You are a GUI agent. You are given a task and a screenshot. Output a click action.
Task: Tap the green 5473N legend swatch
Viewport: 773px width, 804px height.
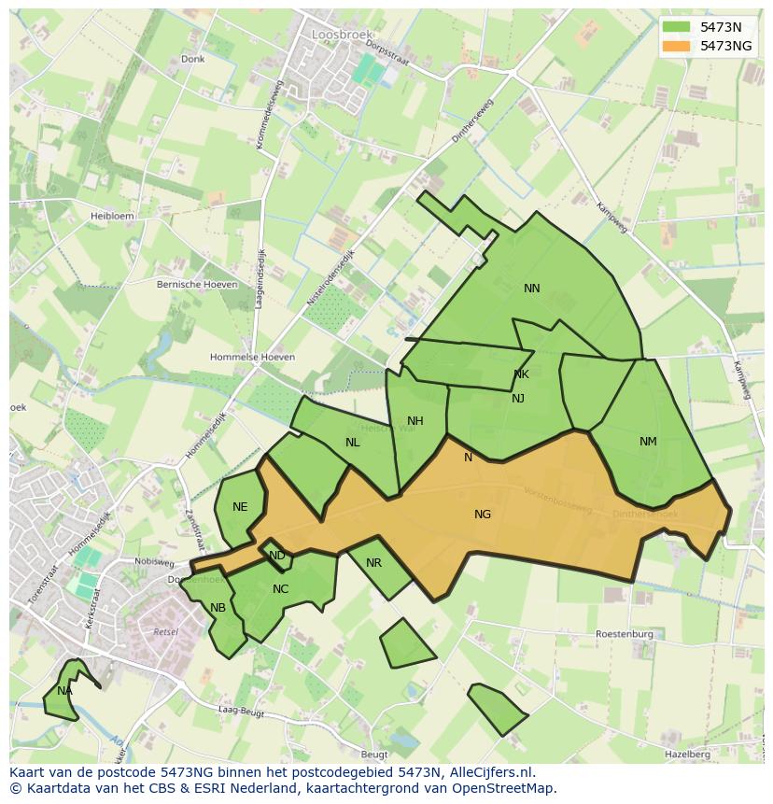tap(677, 27)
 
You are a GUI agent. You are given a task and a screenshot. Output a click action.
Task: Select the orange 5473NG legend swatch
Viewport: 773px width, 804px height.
tap(677, 46)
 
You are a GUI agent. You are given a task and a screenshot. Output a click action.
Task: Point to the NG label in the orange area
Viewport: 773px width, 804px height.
tap(483, 515)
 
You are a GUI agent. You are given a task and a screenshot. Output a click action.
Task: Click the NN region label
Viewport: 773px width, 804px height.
tap(532, 289)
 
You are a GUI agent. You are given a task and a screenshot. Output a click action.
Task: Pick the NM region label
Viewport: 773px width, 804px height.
tap(648, 442)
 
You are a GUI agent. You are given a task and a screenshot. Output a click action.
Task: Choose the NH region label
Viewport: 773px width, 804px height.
tap(415, 421)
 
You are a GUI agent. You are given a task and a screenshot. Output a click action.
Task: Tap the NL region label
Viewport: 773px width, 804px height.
tap(352, 443)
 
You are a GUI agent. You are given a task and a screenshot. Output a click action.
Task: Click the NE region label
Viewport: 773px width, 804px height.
tap(240, 507)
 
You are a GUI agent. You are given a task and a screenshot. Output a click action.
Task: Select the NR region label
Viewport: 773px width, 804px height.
tap(373, 563)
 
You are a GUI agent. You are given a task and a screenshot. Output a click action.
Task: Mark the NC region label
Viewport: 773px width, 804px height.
tap(280, 589)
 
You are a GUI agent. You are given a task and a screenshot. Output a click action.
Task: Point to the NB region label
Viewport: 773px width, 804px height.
tap(218, 608)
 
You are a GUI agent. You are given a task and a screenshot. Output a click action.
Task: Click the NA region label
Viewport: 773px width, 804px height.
tap(63, 691)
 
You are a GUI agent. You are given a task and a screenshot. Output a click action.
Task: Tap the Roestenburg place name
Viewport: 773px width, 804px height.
tap(625, 634)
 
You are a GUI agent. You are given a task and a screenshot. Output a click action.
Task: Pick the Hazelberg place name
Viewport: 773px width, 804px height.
tap(687, 754)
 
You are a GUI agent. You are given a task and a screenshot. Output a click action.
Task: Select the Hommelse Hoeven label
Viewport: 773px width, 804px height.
tap(252, 357)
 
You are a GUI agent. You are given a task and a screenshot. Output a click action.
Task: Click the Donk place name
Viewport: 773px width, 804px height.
tap(193, 59)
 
